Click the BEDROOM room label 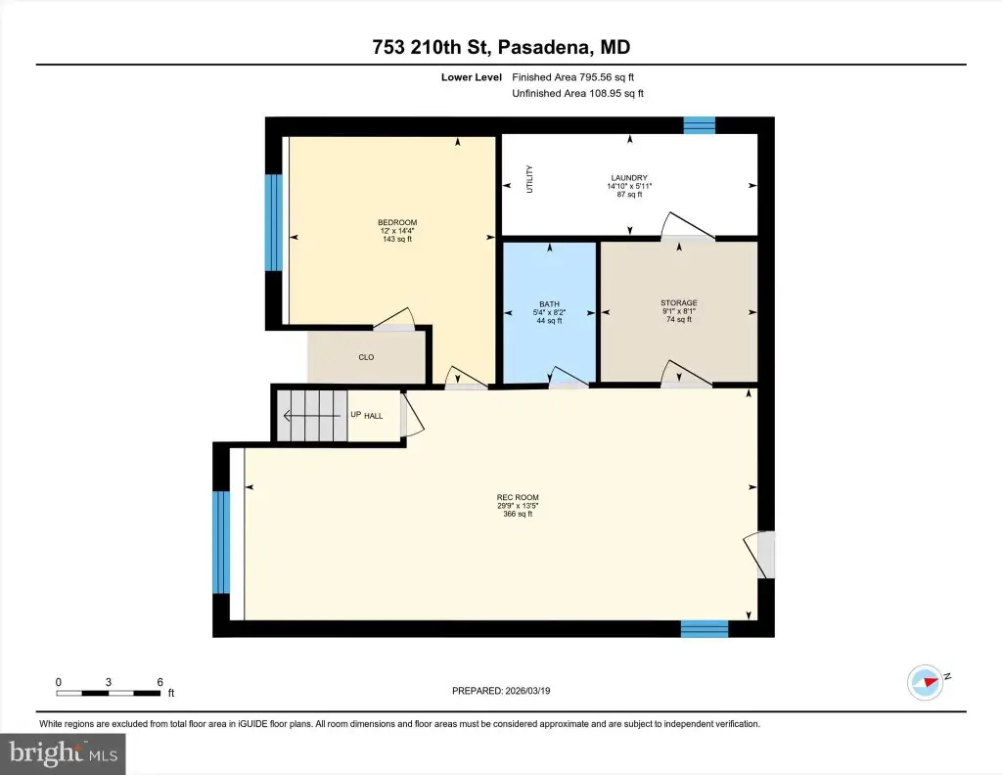pyautogui.click(x=397, y=222)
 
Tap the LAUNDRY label pyautogui.click(x=629, y=178)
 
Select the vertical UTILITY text pyautogui.click(x=529, y=179)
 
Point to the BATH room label pyautogui.click(x=550, y=304)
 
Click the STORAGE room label pyautogui.click(x=679, y=302)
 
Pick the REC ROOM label pyautogui.click(x=518, y=497)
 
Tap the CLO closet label pyautogui.click(x=366, y=357)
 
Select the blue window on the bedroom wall pyautogui.click(x=274, y=222)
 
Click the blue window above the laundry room pyautogui.click(x=699, y=125)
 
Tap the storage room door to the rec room pyautogui.click(x=686, y=375)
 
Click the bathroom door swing pyautogui.click(x=569, y=377)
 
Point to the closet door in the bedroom pyautogui.click(x=394, y=319)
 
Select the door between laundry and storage pyautogui.click(x=687, y=226)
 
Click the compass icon pyautogui.click(x=926, y=682)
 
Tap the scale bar pyautogui.click(x=108, y=693)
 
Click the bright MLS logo pyautogui.click(x=63, y=753)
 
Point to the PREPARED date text pyautogui.click(x=501, y=691)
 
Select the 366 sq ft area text pyautogui.click(x=518, y=514)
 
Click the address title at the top pyautogui.click(x=501, y=47)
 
